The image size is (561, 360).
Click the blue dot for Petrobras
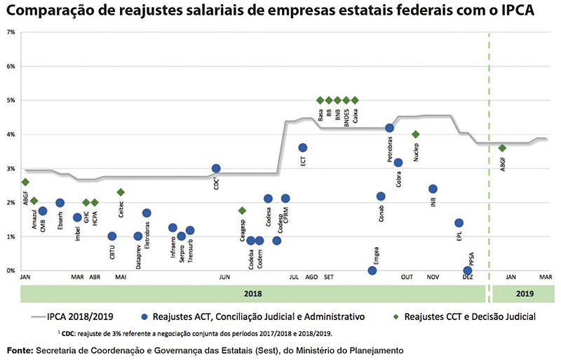pyautogui.click(x=389, y=128)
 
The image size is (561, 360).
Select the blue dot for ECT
pyautogui.click(x=302, y=147)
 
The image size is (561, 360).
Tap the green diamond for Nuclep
pyautogui.click(x=415, y=134)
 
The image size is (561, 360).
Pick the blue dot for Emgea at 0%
pyautogui.click(x=372, y=270)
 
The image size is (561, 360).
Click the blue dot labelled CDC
pyautogui.click(x=216, y=168)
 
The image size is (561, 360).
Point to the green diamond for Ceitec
pyautogui.click(x=121, y=192)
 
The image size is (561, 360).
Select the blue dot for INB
pyautogui.click(x=433, y=189)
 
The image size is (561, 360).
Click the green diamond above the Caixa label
pyautogui.click(x=355, y=100)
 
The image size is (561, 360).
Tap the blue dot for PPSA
pyautogui.click(x=468, y=270)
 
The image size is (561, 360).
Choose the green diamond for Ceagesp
pyautogui.click(x=242, y=211)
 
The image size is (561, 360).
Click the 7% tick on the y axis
pyautogui.click(x=11, y=32)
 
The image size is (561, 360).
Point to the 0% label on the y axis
pyautogui.click(x=11, y=270)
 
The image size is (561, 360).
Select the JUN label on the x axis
pyautogui.click(x=224, y=278)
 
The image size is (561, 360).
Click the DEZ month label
pyautogui.click(x=467, y=278)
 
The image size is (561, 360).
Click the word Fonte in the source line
pyautogui.click(x=21, y=349)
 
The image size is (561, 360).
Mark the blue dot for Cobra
pyautogui.click(x=398, y=163)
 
